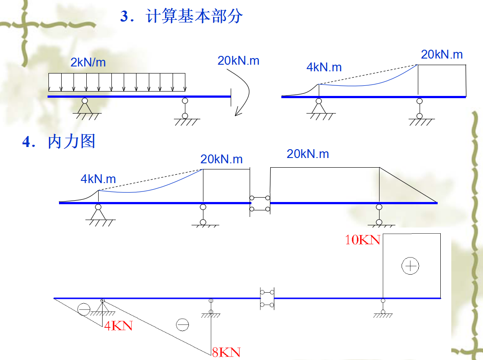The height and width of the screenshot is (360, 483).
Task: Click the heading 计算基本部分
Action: pos(194,17)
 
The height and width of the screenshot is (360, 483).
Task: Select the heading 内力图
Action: pos(71,142)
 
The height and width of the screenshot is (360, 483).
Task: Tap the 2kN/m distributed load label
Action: pos(88,62)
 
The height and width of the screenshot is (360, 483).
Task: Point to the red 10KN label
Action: pos(362,240)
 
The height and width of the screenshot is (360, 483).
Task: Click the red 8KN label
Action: pos(226,352)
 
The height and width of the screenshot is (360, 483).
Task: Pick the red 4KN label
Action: pos(118,326)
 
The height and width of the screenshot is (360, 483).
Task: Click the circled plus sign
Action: pos(410,265)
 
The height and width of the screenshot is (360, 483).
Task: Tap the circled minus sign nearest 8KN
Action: pos(182,325)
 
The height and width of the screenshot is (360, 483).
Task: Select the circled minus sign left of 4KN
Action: pos(84,309)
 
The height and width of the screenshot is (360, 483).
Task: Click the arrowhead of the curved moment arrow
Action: pos(238,113)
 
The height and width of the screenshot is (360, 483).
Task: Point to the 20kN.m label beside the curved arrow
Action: pos(238,61)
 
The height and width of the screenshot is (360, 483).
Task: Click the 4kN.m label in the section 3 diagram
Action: pos(324,67)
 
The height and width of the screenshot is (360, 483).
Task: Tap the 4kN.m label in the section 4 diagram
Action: pos(98,179)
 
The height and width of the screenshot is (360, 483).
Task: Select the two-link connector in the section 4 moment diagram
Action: pos(260,203)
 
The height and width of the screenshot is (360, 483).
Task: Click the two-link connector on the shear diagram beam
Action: pos(267,298)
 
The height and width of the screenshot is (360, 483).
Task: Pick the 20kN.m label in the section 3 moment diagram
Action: pos(442,55)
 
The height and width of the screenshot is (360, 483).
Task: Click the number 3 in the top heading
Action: pos(124,17)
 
